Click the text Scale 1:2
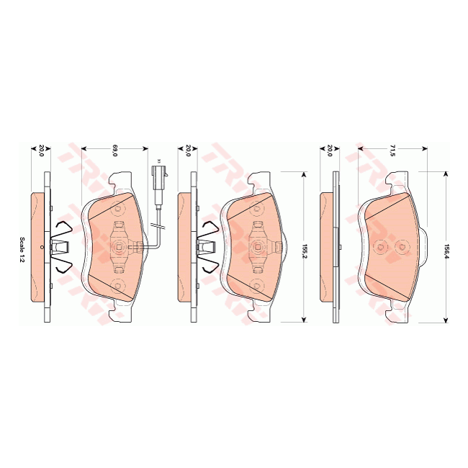pos(22,249)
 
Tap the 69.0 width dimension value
pos(114,150)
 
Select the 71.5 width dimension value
pos(392,150)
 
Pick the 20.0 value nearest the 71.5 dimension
pos(329,150)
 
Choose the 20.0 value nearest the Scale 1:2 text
pos(42,150)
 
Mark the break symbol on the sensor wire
pos(158,228)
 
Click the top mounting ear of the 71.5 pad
pos(395,178)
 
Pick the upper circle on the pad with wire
pos(119,210)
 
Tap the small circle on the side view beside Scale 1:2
pos(42,247)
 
